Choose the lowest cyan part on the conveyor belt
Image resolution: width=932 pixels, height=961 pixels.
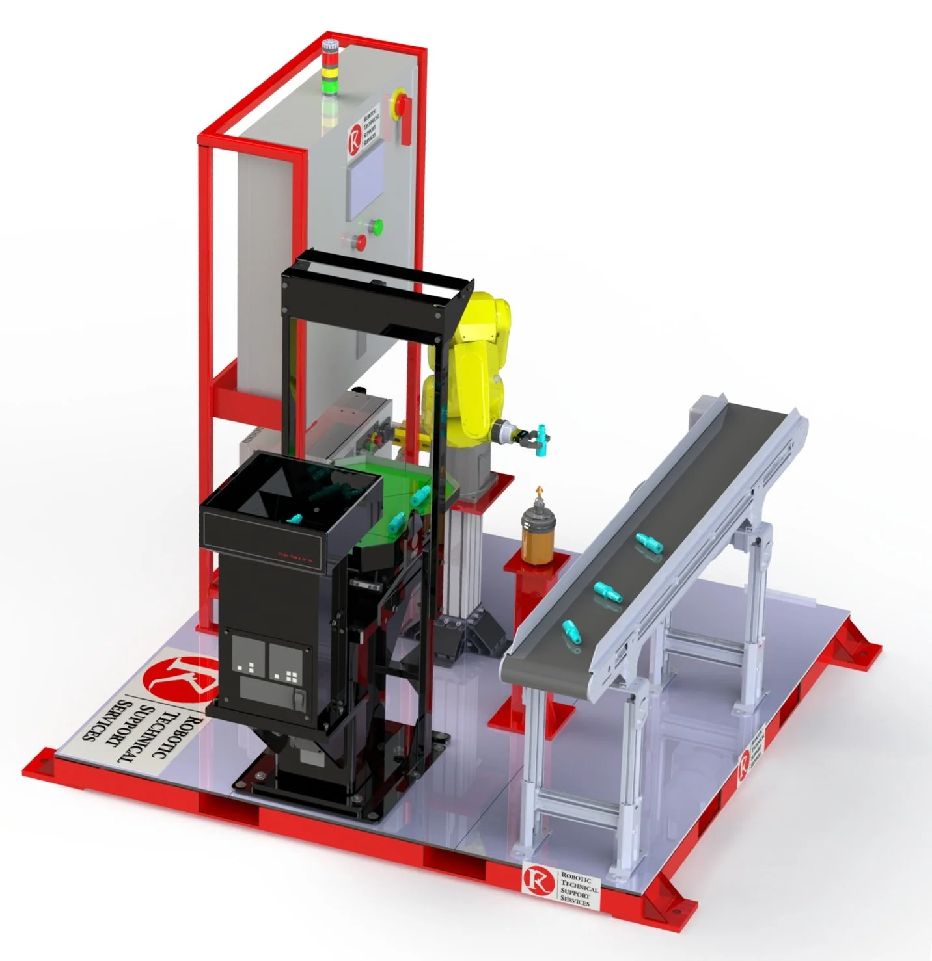tap(571, 629)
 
